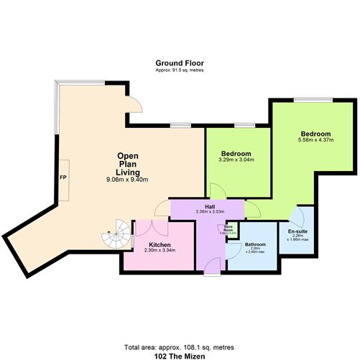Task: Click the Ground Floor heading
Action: (x=179, y=63)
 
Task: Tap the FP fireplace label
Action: (x=63, y=177)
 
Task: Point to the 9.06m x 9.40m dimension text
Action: (x=126, y=180)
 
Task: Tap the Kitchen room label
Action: (x=159, y=245)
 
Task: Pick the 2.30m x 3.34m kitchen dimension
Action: (x=159, y=251)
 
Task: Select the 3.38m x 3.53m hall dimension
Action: (x=209, y=212)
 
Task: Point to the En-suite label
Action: (x=297, y=231)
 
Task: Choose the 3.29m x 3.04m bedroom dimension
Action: (x=236, y=160)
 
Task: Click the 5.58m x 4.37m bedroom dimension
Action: (x=315, y=141)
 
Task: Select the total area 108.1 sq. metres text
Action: (x=180, y=345)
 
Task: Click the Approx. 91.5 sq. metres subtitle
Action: (x=179, y=70)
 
